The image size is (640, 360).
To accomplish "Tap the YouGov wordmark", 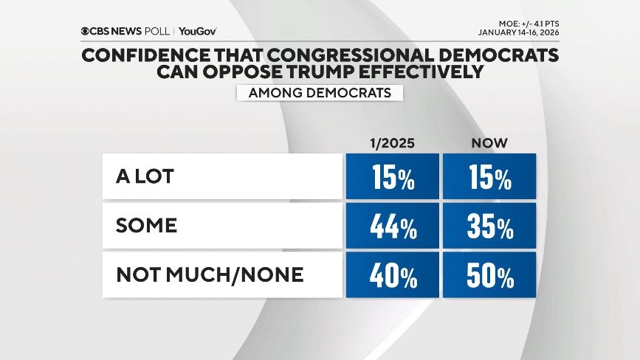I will click(x=198, y=31).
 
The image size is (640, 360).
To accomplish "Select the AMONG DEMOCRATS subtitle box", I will click(x=320, y=93).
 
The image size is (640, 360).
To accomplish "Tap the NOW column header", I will click(x=489, y=142).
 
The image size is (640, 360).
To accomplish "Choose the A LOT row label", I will click(x=146, y=178).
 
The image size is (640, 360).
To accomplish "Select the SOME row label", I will click(x=146, y=226).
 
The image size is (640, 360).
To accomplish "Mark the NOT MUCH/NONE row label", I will click(x=210, y=275).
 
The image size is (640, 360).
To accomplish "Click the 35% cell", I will click(x=489, y=227).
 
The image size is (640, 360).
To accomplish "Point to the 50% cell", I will click(x=489, y=276).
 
